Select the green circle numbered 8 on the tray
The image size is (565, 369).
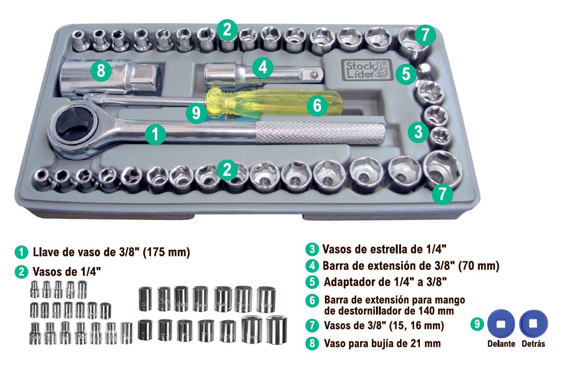click(x=100, y=71)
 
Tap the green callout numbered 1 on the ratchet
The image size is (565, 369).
click(x=155, y=135)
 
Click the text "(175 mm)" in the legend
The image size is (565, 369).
click(x=167, y=252)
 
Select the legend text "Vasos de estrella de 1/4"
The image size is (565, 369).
click(x=384, y=249)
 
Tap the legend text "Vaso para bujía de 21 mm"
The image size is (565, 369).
click(x=382, y=344)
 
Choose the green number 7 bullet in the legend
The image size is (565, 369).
click(x=312, y=326)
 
